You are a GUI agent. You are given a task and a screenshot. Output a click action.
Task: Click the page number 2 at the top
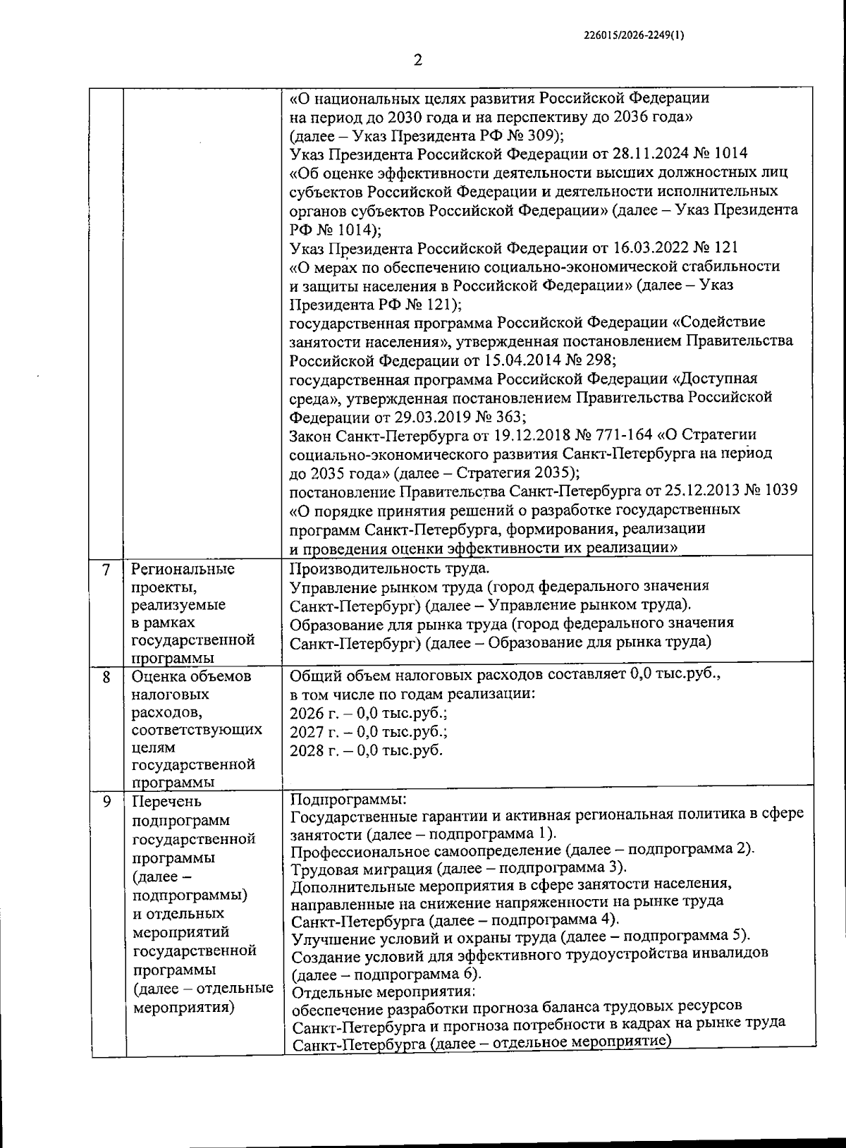click(x=417, y=61)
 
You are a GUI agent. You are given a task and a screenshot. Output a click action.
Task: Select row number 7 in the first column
click(x=106, y=570)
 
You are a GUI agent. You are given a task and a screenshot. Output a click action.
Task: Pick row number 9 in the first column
click(x=106, y=801)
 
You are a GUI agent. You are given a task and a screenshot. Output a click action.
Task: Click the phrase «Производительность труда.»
click(x=388, y=568)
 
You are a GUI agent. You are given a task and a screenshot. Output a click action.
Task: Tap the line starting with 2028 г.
click(x=367, y=750)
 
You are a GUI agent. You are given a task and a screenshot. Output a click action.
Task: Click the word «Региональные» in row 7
click(x=183, y=568)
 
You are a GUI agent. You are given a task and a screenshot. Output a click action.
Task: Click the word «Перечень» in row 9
click(x=166, y=801)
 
